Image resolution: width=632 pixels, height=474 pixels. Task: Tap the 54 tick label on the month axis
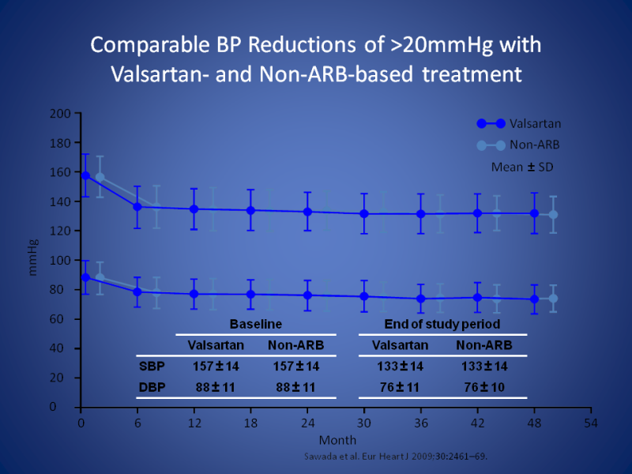click(x=589, y=423)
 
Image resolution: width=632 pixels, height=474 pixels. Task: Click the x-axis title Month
click(x=337, y=439)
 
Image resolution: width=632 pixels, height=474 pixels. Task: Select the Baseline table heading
click(x=255, y=324)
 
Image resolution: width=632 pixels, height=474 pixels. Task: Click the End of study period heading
click(x=442, y=324)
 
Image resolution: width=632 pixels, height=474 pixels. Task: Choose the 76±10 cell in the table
click(x=484, y=387)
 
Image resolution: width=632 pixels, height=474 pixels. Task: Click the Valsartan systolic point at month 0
click(x=85, y=175)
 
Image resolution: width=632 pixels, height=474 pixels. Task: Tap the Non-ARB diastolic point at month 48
click(x=553, y=299)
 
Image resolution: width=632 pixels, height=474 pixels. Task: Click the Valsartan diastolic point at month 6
click(x=137, y=292)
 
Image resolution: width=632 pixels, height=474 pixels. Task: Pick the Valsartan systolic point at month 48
click(x=534, y=213)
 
